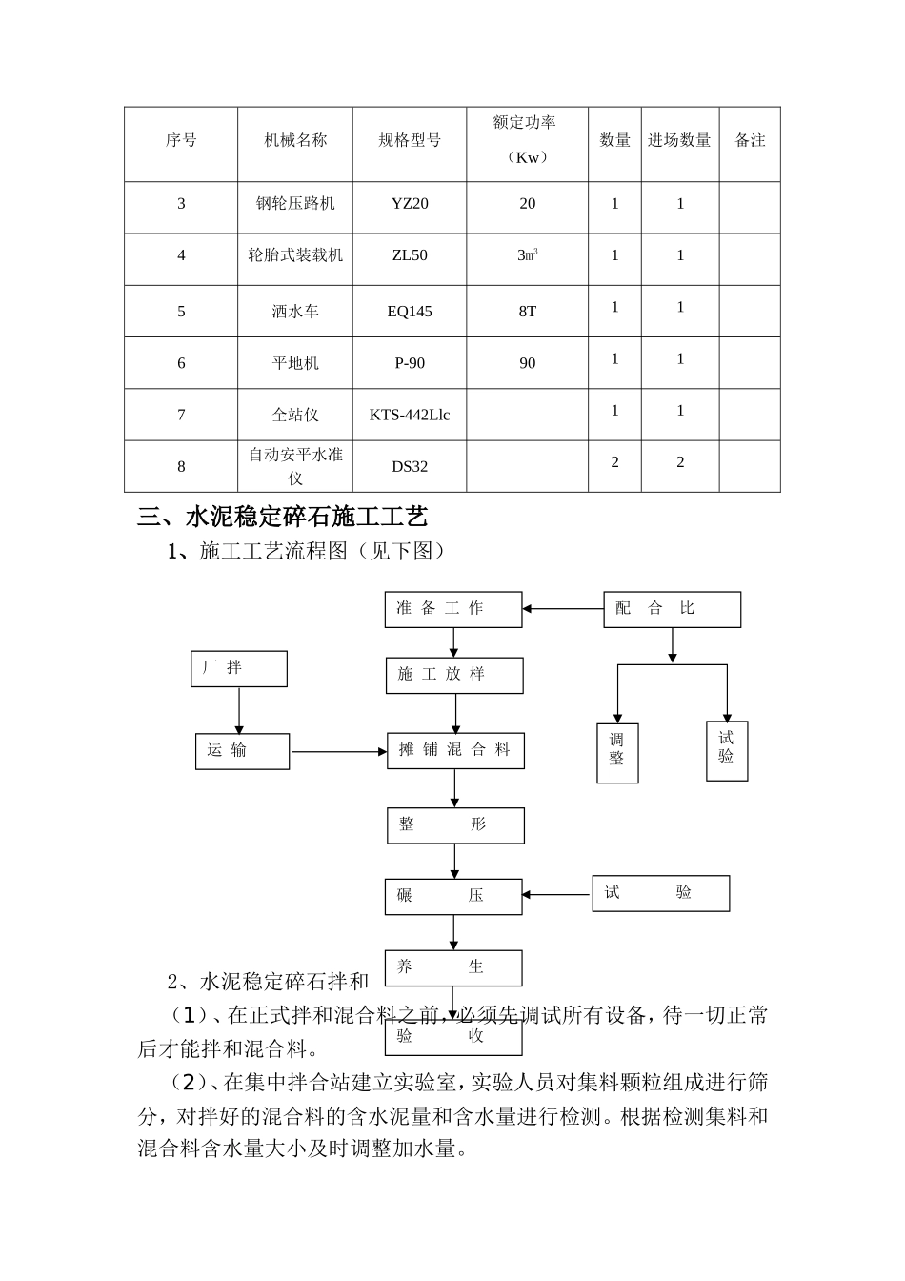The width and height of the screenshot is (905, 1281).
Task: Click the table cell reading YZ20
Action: click(x=410, y=204)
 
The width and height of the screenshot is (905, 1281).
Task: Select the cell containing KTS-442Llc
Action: click(x=410, y=415)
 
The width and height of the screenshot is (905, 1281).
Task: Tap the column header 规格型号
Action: click(x=410, y=141)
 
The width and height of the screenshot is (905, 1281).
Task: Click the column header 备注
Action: click(x=750, y=141)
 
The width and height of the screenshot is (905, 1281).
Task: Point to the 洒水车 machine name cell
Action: click(x=295, y=312)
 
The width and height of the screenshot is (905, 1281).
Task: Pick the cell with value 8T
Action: click(x=527, y=312)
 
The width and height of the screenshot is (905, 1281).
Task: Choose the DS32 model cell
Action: click(x=410, y=466)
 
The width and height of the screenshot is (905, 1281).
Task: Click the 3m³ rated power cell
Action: click(x=527, y=255)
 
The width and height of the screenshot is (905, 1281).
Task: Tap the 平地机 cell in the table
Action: click(x=295, y=363)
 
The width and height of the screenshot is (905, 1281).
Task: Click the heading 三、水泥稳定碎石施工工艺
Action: click(x=283, y=518)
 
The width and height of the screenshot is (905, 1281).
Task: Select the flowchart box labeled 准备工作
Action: click(x=453, y=609)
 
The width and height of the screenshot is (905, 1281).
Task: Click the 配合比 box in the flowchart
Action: click(x=672, y=609)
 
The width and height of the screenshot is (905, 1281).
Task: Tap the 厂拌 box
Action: click(x=239, y=668)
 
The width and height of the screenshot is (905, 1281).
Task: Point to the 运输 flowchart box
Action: click(x=242, y=751)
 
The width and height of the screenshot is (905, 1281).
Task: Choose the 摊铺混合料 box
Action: click(x=455, y=751)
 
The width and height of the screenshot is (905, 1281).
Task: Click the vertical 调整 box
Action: click(x=617, y=753)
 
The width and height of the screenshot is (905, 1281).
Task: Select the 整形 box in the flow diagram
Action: click(x=455, y=825)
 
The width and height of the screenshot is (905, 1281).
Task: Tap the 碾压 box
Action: click(x=453, y=896)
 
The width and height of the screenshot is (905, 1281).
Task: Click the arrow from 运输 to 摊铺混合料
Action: click(x=338, y=752)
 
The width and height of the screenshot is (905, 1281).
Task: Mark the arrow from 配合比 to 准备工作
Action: click(x=563, y=609)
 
